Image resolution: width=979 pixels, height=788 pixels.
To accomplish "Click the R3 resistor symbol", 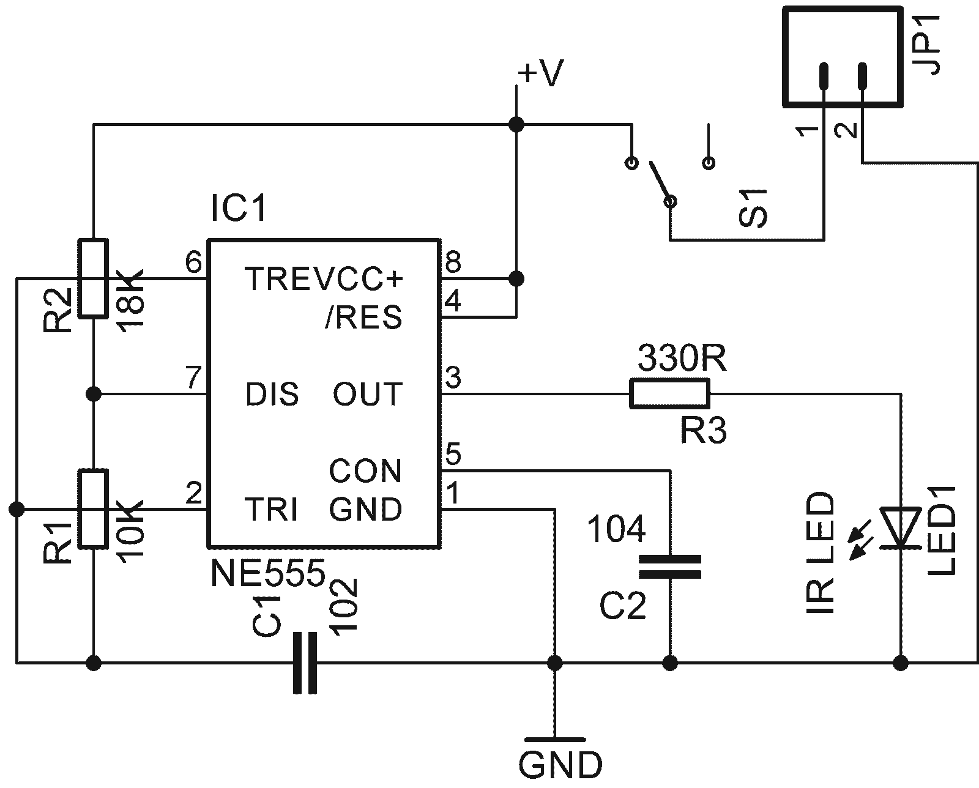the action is point(669,393).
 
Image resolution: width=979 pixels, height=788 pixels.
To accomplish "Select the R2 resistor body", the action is point(93,278).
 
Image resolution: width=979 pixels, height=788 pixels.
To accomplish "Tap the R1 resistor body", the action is point(93,508).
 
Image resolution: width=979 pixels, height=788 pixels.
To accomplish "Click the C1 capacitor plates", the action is point(305,663).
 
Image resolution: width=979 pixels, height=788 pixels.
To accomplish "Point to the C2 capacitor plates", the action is point(669,567).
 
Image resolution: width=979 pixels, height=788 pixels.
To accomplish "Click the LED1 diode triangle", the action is point(900,528).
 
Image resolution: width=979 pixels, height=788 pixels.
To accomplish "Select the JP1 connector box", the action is point(843,57).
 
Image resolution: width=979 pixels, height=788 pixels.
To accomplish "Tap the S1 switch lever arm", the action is point(659,181).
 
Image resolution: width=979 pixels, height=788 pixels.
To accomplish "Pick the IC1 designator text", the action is point(239,208).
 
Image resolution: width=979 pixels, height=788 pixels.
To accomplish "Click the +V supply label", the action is point(542,72).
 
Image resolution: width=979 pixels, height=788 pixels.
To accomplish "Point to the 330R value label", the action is point(682,358).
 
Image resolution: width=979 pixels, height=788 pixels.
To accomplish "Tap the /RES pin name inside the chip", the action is point(363,317).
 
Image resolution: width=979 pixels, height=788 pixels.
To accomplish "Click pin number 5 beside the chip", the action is point(453,453).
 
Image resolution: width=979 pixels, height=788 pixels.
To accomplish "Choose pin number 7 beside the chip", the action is point(193,377).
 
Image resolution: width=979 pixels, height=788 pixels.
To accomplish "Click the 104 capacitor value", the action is point(616,529).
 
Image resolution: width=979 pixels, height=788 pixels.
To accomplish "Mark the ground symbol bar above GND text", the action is point(554,739).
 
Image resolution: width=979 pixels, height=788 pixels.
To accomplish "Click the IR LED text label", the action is point(820,552).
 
